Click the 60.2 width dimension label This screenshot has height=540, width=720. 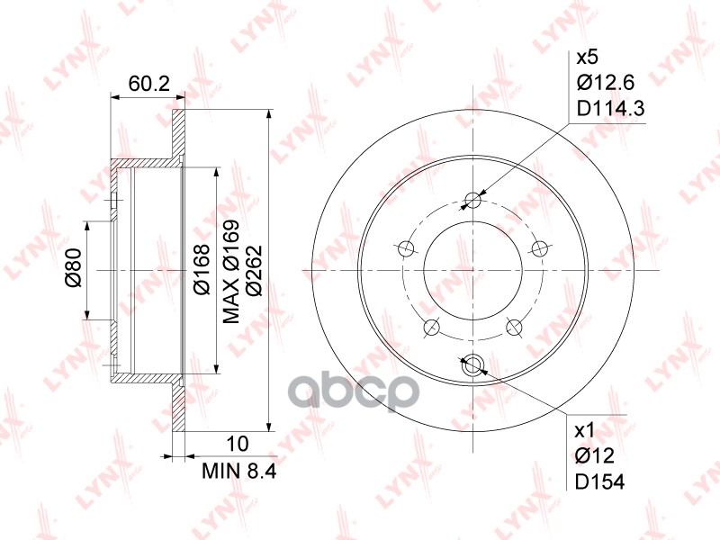[149, 84]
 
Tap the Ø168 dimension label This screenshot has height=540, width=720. [202, 269]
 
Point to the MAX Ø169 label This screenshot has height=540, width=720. [230, 271]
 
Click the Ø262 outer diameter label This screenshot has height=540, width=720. [254, 269]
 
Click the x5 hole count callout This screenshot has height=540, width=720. [587, 58]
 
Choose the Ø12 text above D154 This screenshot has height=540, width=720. [595, 456]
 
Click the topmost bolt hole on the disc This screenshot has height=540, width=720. [472, 200]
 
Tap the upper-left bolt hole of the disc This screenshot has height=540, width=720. [406, 248]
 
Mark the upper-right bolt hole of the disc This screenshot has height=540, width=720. [539, 248]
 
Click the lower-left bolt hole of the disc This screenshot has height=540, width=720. [431, 327]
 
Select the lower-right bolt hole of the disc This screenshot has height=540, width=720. [514, 327]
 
